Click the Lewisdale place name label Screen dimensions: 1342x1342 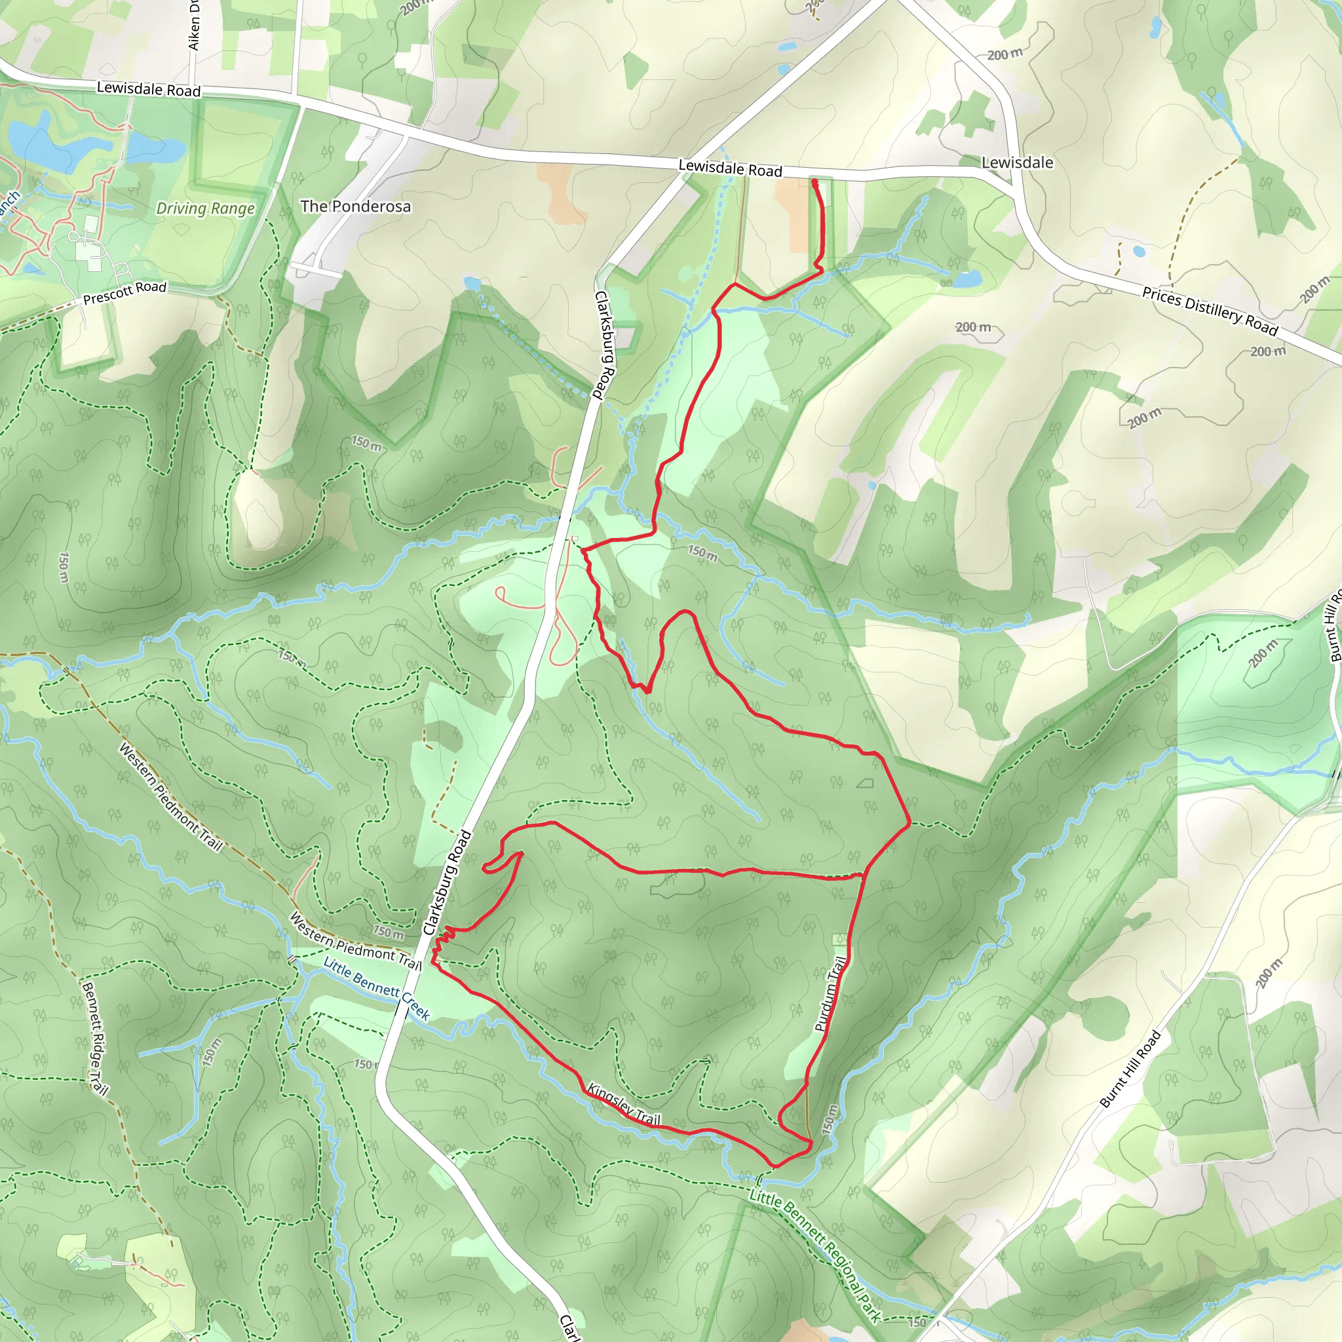pos(1017,163)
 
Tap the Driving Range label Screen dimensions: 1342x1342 pos(205,208)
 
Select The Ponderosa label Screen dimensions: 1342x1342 pos(355,206)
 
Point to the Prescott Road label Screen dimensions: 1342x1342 pos(125,292)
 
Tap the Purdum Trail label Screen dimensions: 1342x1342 pos(830,993)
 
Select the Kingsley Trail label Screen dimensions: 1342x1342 pos(623,1103)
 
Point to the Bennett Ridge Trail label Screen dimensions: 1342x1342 pos(94,1039)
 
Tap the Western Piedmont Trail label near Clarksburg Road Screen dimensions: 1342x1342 pos(355,941)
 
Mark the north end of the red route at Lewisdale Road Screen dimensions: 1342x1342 pos(813,182)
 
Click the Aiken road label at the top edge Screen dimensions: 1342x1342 pos(194,24)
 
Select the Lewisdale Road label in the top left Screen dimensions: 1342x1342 pos(148,88)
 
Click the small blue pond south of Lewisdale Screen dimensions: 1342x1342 pos(968,278)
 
